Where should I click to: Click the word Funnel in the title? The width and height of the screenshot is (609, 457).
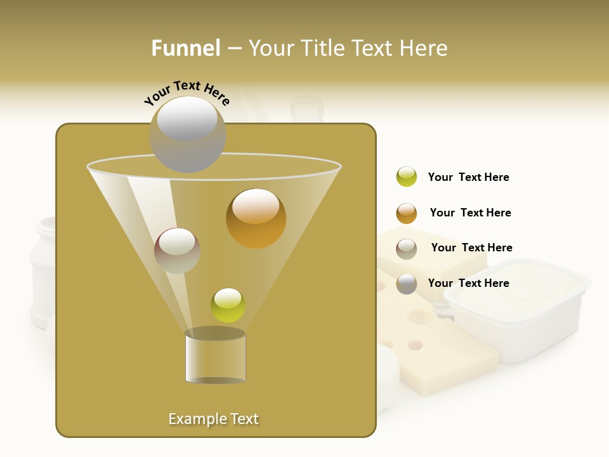pyautogui.click(x=185, y=48)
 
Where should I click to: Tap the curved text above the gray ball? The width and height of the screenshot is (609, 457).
pyautogui.click(x=187, y=93)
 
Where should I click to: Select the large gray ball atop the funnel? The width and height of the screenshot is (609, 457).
pyautogui.click(x=188, y=134)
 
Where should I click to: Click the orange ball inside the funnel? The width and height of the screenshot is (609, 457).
pyautogui.click(x=256, y=218)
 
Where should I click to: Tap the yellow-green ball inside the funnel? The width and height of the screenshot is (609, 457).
pyautogui.click(x=228, y=305)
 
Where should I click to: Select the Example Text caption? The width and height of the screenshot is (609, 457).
pyautogui.click(x=213, y=419)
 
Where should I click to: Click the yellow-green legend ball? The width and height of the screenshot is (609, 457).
pyautogui.click(x=407, y=176)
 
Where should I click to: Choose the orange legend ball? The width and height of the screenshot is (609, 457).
pyautogui.click(x=407, y=213)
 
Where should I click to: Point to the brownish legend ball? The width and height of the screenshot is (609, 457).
pyautogui.click(x=407, y=249)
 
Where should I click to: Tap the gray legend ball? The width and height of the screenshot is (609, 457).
pyautogui.click(x=407, y=284)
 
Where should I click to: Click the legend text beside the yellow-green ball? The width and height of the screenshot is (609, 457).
pyautogui.click(x=468, y=177)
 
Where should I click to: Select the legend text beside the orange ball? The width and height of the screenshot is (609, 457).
pyautogui.click(x=470, y=213)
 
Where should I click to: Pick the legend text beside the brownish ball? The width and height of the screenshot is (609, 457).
pyautogui.click(x=471, y=248)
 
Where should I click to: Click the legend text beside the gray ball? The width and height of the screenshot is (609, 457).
pyautogui.click(x=468, y=283)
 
